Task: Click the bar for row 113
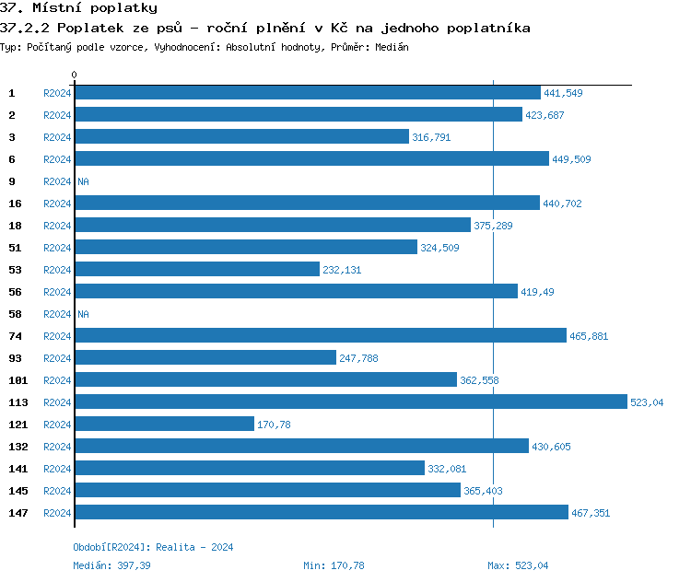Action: tap(350, 402)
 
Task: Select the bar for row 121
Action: tap(164, 425)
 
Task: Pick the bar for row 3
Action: tap(241, 137)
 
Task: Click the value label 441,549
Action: tap(563, 93)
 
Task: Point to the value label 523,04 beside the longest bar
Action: tap(647, 402)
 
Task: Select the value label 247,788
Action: tap(358, 358)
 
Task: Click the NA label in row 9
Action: tap(83, 181)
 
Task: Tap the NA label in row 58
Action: tap(83, 314)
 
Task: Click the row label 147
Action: tap(18, 513)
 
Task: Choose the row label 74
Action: tap(15, 336)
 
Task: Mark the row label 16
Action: tap(15, 204)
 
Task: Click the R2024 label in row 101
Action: tap(57, 380)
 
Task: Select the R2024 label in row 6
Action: tap(57, 159)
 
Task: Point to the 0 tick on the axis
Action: tap(75, 75)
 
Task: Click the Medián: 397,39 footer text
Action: tap(111, 565)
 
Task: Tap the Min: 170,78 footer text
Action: tap(334, 565)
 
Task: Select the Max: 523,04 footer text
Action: tap(518, 565)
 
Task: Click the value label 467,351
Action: tap(591, 513)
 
